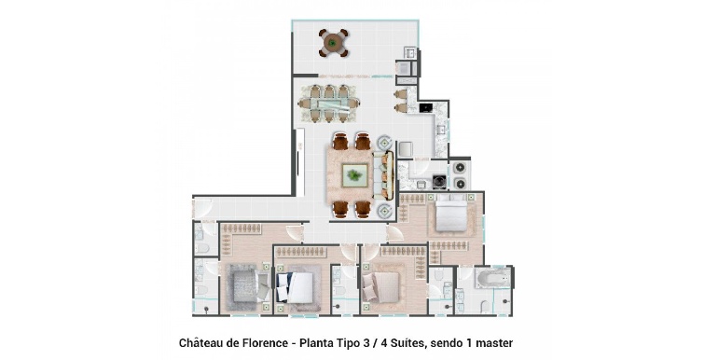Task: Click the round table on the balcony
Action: coord(334,43)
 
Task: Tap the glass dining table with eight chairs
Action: coord(328,104)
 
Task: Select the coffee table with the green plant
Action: coord(354,175)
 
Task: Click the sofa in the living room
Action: coord(384,175)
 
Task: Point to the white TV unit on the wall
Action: coord(300,162)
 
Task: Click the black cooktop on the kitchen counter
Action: coord(425,107)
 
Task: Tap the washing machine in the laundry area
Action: coord(440,180)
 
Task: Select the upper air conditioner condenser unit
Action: coord(460,168)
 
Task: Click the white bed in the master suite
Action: coord(451,213)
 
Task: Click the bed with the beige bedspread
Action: coord(381,286)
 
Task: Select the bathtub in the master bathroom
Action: coord(492,277)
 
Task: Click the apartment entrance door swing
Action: coord(203,208)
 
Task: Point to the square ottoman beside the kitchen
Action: coord(406,149)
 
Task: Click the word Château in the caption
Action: coord(200,342)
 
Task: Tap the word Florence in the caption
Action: coord(267,342)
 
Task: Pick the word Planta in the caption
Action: coord(316,342)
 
